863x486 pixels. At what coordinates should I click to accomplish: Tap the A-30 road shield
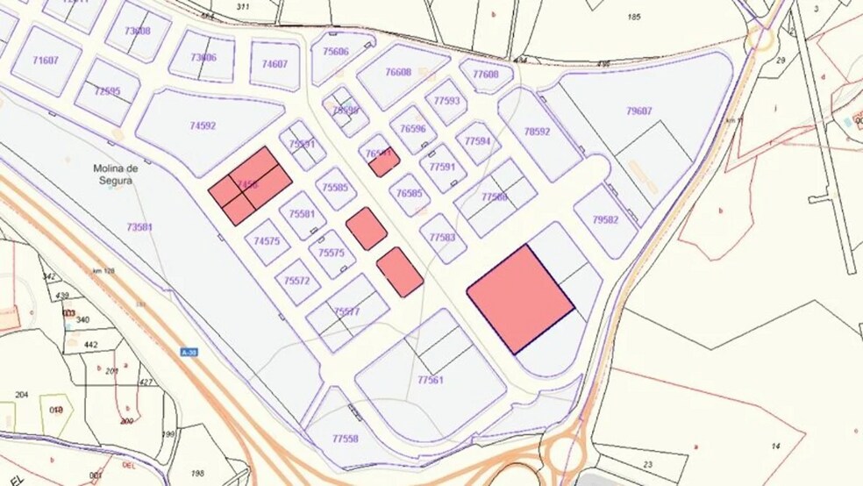pos(187,352)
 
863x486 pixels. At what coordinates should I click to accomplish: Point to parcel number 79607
pos(639,111)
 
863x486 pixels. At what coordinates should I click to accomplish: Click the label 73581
pos(139,227)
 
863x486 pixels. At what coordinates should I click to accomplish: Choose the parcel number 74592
pos(203,126)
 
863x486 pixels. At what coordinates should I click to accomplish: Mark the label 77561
pos(431,380)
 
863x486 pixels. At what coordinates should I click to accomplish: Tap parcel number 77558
pos(345,438)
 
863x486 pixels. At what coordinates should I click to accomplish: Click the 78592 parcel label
pos(537,132)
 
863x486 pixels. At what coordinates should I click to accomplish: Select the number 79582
pos(605,220)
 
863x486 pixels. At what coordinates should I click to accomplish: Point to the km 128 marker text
pos(104,271)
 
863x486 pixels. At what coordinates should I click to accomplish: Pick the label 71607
pos(45,61)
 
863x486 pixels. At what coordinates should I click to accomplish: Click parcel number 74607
pos(275,64)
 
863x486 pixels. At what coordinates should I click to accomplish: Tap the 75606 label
pos(335,52)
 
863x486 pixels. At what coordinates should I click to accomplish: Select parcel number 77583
pos(443,238)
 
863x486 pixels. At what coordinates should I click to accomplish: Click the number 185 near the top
pos(636,17)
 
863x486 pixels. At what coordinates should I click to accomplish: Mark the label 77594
pos(478,141)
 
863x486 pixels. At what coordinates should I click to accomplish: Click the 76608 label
pos(398,72)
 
